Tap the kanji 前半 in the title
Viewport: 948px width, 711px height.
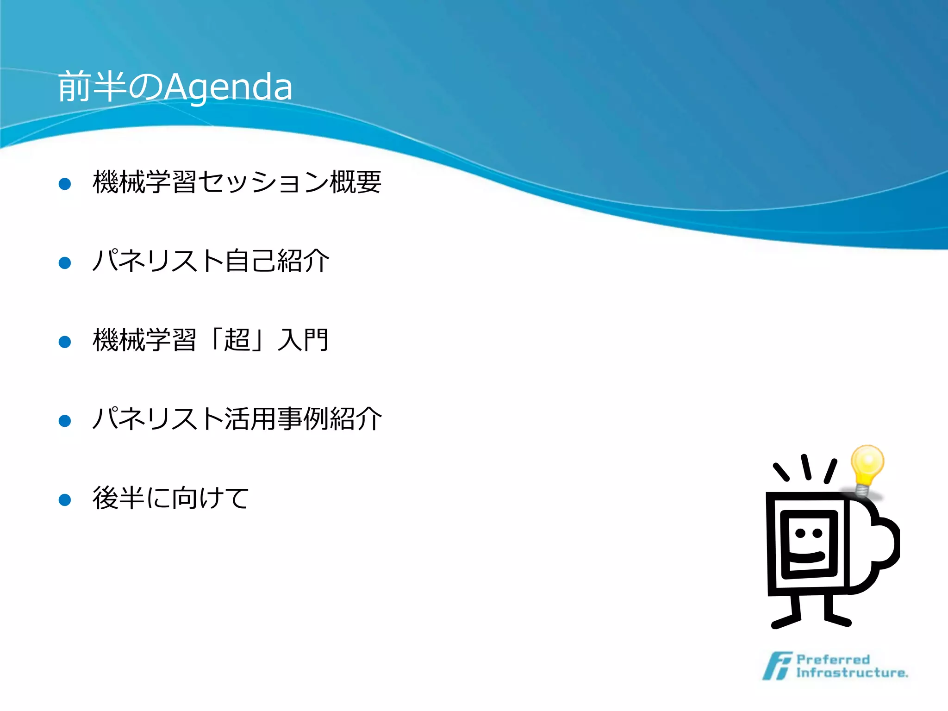pos(92,87)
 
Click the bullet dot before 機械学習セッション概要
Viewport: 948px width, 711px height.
pos(65,184)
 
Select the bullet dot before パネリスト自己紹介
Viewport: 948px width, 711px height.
pos(65,263)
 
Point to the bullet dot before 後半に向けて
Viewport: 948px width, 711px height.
pos(65,500)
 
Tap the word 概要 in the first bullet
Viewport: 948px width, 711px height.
pos(355,182)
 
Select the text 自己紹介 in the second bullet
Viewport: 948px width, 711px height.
pos(277,261)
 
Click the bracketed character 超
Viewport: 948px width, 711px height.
pos(237,340)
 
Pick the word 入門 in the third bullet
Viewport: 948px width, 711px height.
pos(303,340)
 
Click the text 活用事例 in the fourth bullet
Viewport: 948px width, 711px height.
pos(277,419)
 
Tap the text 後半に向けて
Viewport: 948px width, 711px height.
pos(171,498)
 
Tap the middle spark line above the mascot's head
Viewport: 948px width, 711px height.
pos(806,467)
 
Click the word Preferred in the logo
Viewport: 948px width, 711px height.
pos(833,659)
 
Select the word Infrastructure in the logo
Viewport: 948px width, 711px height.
pos(851,673)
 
